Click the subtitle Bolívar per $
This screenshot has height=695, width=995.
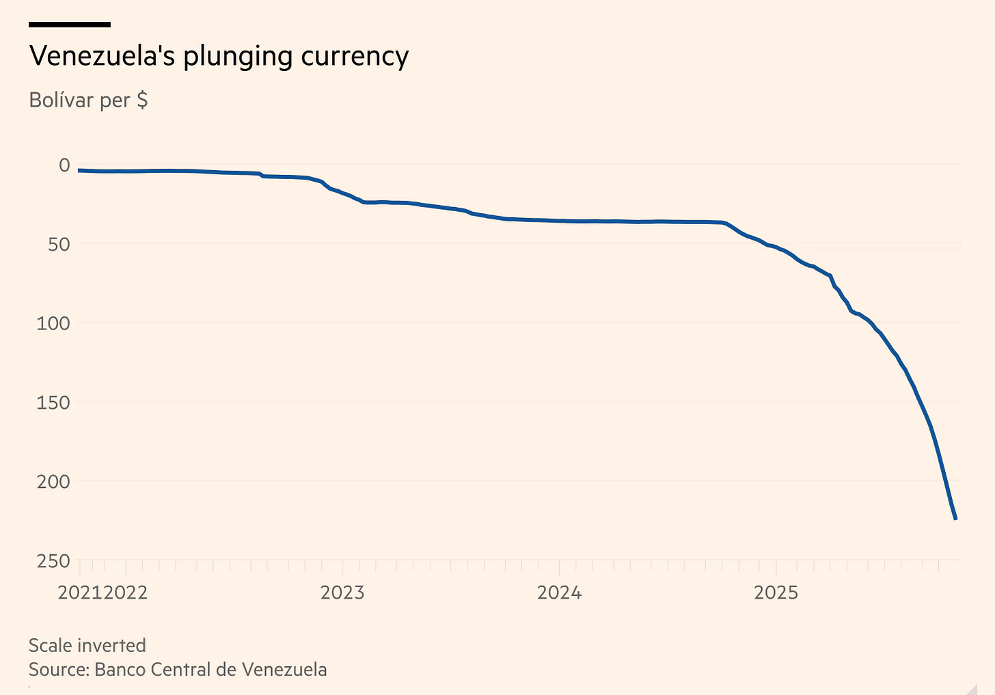[x=88, y=100]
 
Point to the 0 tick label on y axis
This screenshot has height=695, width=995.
[x=64, y=165]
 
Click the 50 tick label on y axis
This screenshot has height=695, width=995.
[x=59, y=244]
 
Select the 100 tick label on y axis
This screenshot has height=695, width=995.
[x=53, y=323]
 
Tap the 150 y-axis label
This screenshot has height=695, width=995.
[x=53, y=403]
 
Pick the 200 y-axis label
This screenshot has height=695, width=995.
[x=53, y=482]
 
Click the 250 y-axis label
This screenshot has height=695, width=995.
[x=53, y=561]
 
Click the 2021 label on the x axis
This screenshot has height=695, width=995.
[x=80, y=592]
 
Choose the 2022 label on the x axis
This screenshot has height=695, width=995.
[x=126, y=592]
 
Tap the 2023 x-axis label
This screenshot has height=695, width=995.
[x=342, y=592]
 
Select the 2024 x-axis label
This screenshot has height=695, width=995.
[x=559, y=592]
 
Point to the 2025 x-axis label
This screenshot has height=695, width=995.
[x=776, y=592]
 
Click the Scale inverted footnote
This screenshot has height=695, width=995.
[x=87, y=646]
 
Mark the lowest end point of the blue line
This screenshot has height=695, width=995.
[x=955, y=519]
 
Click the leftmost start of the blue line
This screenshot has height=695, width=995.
[x=79, y=170]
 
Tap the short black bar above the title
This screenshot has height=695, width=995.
[x=70, y=25]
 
